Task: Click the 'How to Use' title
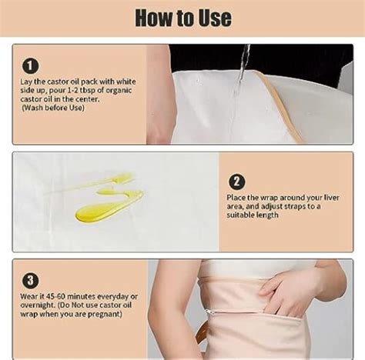pyautogui.click(x=182, y=17)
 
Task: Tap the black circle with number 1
pyautogui.click(x=30, y=66)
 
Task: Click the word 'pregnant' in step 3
pyautogui.click(x=101, y=318)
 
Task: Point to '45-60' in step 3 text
pyautogui.click(x=60, y=296)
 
